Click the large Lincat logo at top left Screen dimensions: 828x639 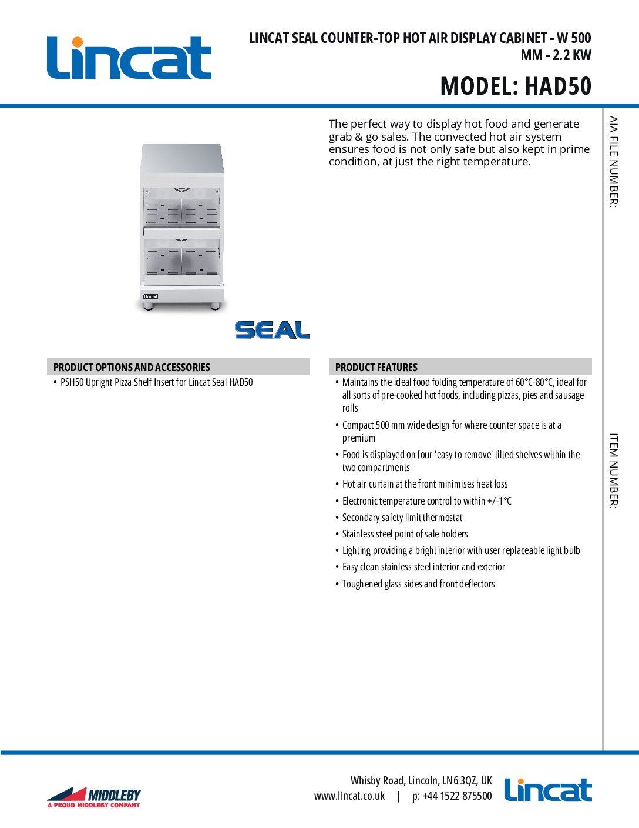pos(129,58)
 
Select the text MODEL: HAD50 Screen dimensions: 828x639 pos(516,86)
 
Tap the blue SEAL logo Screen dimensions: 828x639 pos(272,330)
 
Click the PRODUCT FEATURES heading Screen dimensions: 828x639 pos(376,367)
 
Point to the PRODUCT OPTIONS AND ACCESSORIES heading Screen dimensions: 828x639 pos(132,367)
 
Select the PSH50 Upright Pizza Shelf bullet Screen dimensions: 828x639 pos(156,382)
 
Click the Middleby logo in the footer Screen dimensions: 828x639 pos(94,797)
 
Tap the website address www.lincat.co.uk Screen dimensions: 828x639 pos(349,796)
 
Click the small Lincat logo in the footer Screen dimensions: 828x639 pos(547,790)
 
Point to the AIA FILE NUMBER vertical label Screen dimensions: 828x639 pos(613,162)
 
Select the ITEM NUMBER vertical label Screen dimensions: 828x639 pos(613,471)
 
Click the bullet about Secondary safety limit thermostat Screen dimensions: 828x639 pos(402,517)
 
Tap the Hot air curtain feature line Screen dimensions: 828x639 pos(425,484)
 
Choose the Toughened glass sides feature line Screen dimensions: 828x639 pos(418,584)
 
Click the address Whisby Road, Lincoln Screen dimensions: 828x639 pos(421,780)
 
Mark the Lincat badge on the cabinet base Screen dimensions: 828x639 pos(151,296)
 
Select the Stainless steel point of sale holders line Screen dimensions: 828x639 pos(405,534)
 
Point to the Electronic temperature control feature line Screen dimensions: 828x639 pos(426,501)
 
